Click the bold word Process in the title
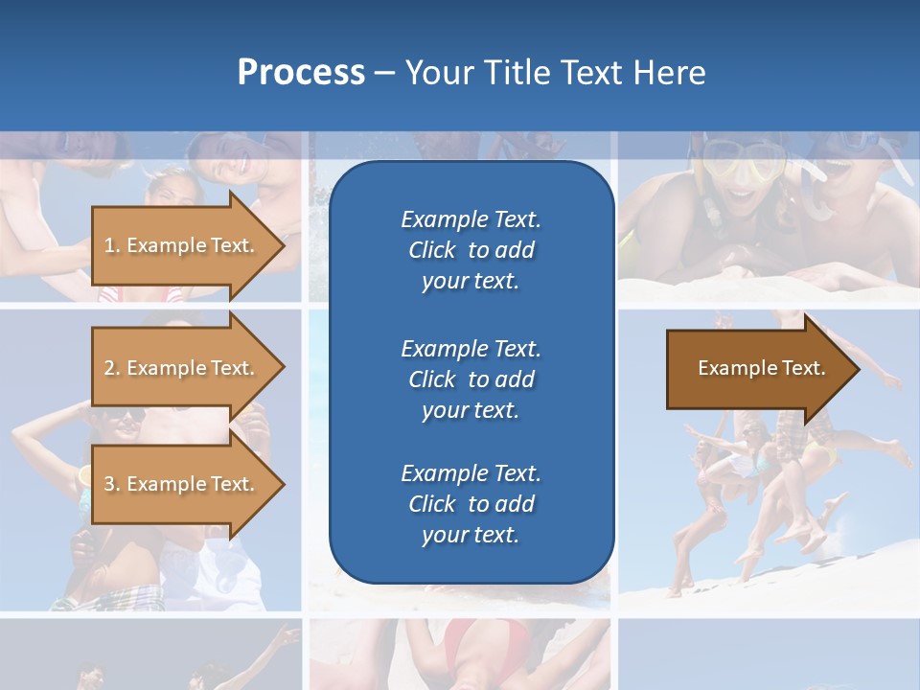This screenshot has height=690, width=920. (301, 73)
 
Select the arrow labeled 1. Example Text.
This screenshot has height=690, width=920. (182, 245)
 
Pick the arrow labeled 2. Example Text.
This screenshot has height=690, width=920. (182, 368)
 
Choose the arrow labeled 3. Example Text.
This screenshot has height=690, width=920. (182, 484)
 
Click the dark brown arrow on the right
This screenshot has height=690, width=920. (757, 368)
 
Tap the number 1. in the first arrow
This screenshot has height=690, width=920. (112, 245)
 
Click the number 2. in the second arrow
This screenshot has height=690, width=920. (112, 368)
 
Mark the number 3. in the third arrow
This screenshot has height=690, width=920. (112, 484)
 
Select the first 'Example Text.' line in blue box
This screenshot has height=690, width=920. (471, 219)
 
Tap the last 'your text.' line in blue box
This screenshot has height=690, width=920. (471, 535)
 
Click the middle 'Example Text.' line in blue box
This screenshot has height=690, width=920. (471, 348)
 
